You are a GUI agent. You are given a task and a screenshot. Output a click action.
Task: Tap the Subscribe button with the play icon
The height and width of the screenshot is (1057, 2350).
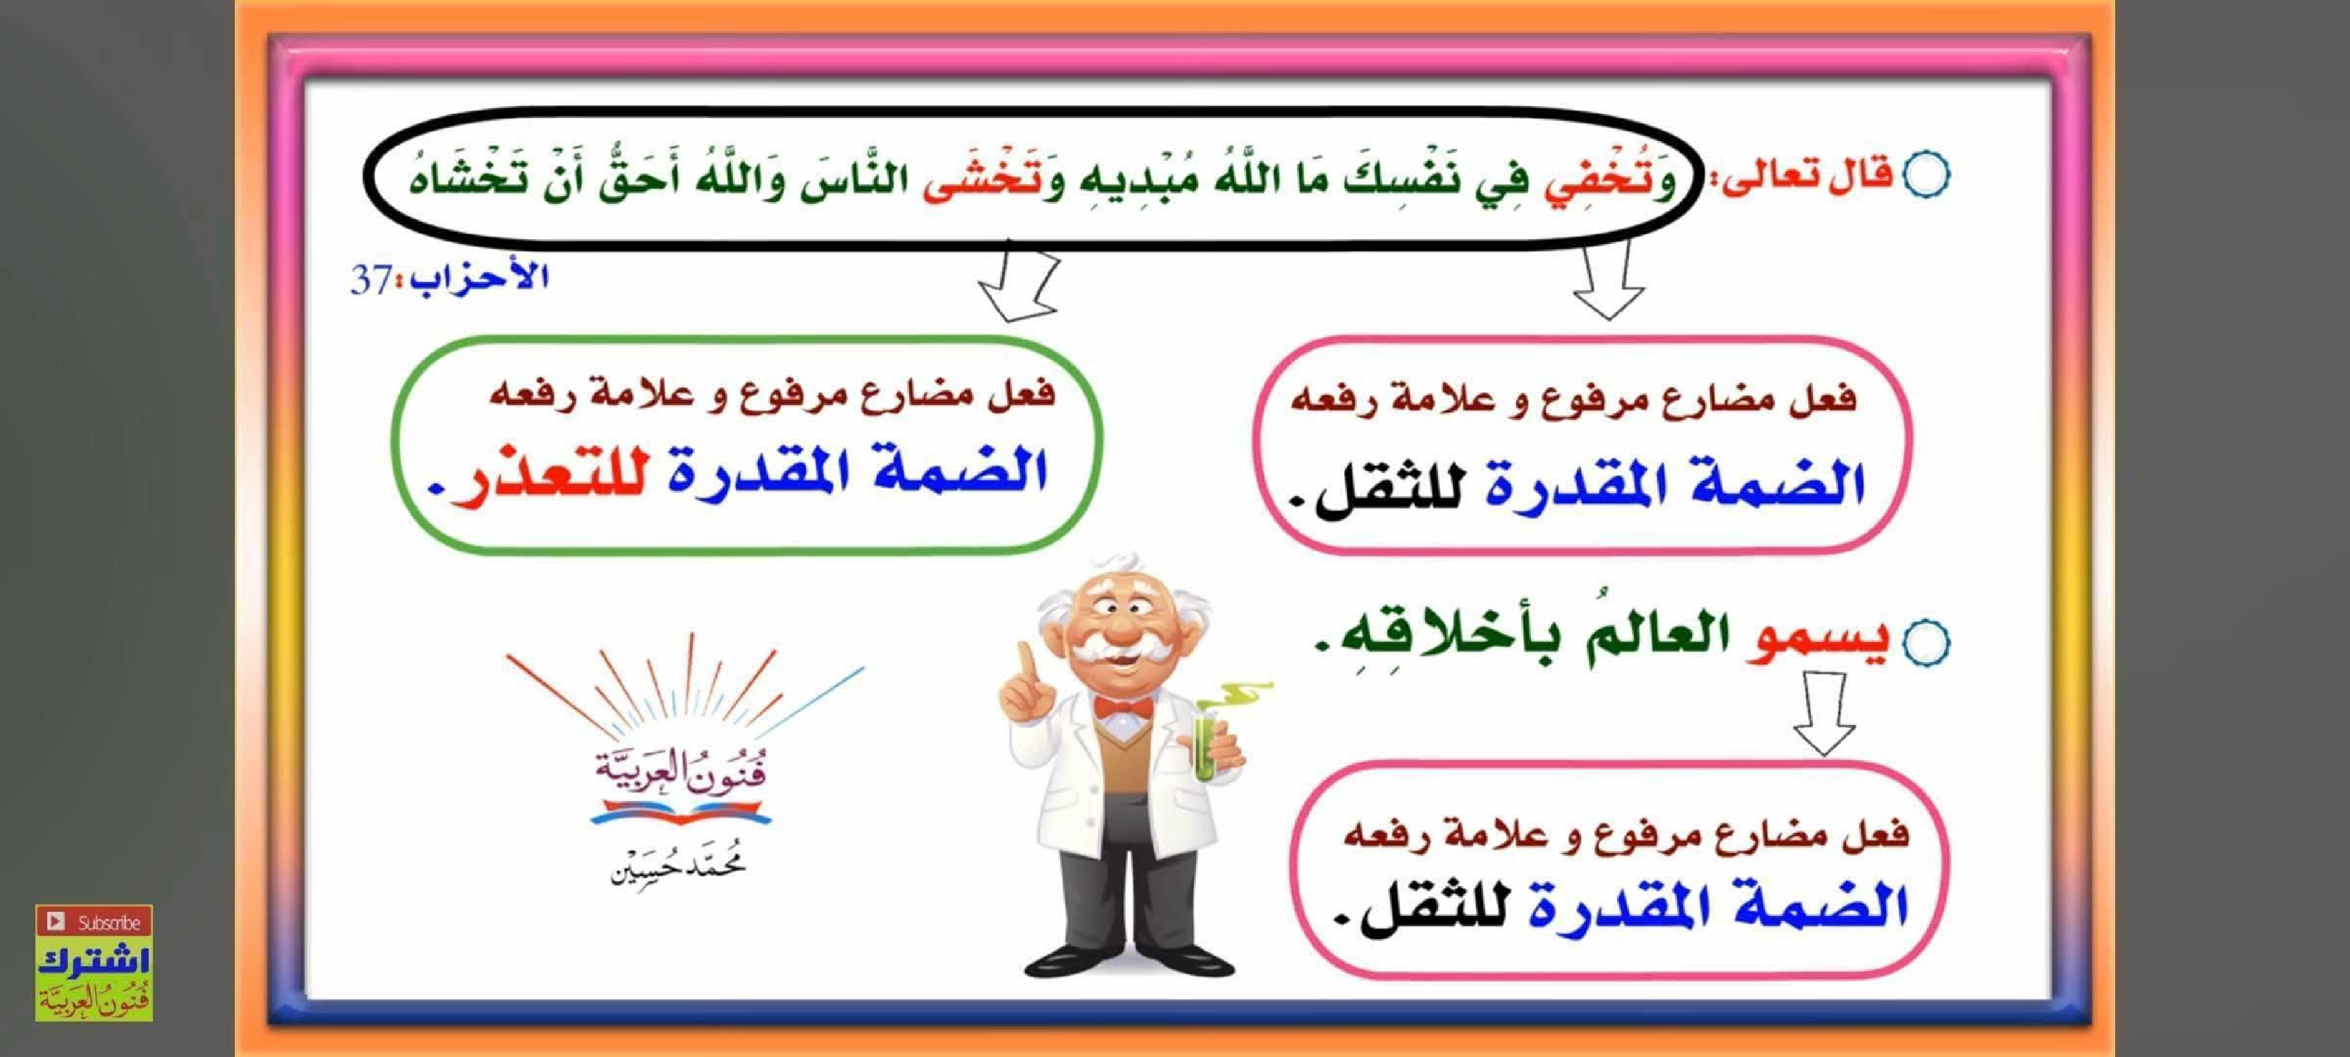(x=93, y=921)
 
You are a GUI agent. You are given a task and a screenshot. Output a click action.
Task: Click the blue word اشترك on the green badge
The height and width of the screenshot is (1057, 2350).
(x=93, y=961)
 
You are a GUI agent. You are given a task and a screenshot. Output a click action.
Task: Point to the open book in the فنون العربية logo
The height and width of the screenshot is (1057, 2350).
(x=680, y=810)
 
